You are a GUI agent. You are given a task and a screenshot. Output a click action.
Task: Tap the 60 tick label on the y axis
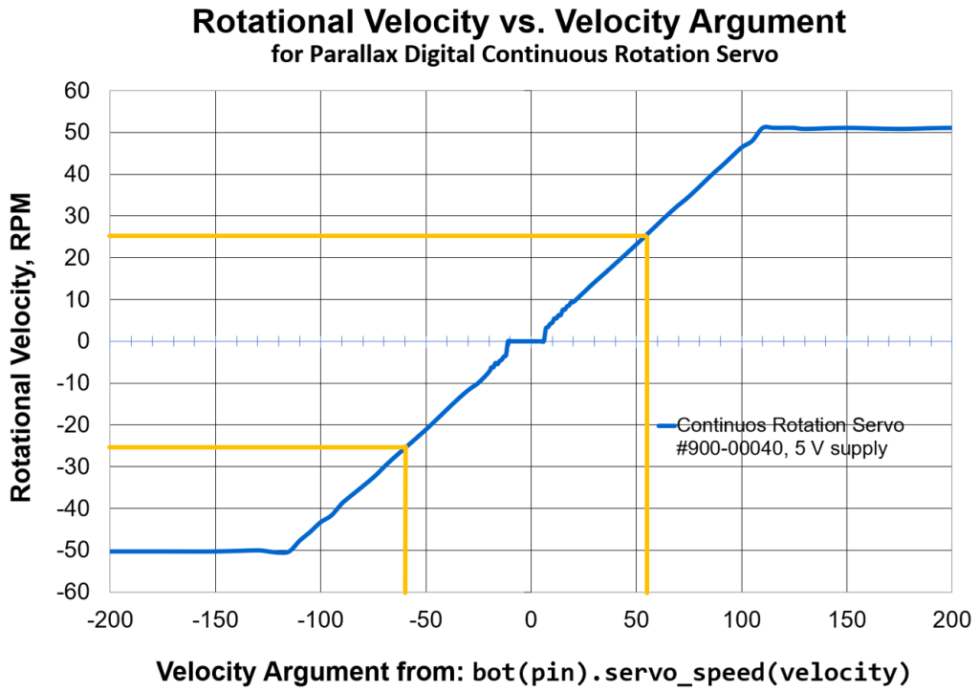(x=76, y=92)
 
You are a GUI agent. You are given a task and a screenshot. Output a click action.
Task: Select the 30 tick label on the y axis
(x=76, y=217)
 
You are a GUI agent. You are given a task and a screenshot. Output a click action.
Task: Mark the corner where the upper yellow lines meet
(x=647, y=236)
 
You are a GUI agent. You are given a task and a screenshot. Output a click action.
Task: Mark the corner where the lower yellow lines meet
(x=405, y=446)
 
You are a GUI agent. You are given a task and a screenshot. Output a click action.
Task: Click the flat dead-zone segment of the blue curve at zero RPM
(x=526, y=341)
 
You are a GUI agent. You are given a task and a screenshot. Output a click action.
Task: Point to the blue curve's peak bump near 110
(x=765, y=126)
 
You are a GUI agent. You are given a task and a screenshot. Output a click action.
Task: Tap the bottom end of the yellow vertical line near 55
(x=647, y=592)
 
